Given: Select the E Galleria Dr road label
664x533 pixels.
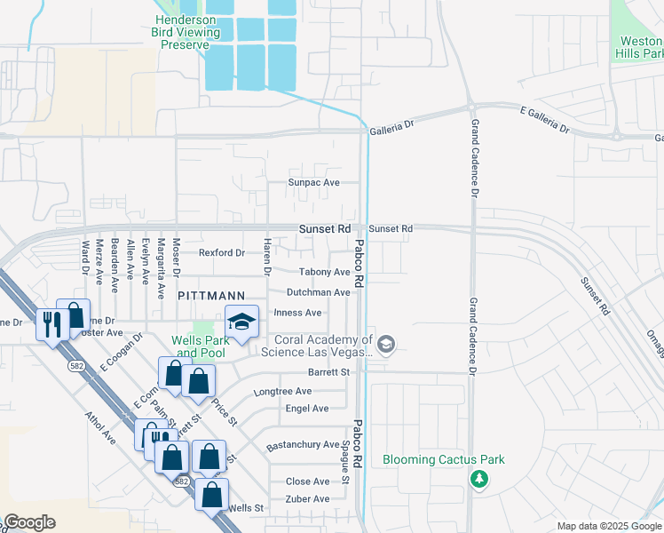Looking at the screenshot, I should tap(544, 118).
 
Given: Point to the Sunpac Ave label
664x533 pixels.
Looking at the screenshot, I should tap(313, 182).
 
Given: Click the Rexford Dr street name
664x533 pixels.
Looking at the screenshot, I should tap(221, 253).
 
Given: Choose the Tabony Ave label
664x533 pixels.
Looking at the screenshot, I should tap(324, 272).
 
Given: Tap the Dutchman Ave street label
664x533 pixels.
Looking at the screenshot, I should tap(318, 292).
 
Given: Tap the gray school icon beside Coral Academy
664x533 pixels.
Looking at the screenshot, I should tap(385, 344).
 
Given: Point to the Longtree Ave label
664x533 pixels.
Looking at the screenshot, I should tap(282, 391).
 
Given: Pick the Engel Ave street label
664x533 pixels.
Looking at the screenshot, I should tap(307, 409).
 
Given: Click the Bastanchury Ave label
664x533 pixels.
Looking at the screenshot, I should tap(304, 444).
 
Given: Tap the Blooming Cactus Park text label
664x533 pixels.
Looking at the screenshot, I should tap(443, 459).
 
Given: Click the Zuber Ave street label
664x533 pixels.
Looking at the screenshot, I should tap(307, 499).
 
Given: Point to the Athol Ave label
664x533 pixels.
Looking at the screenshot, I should tap(100, 427).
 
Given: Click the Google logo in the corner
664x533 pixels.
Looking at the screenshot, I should tap(28, 522).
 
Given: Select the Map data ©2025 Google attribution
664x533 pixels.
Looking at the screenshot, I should tap(608, 526).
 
